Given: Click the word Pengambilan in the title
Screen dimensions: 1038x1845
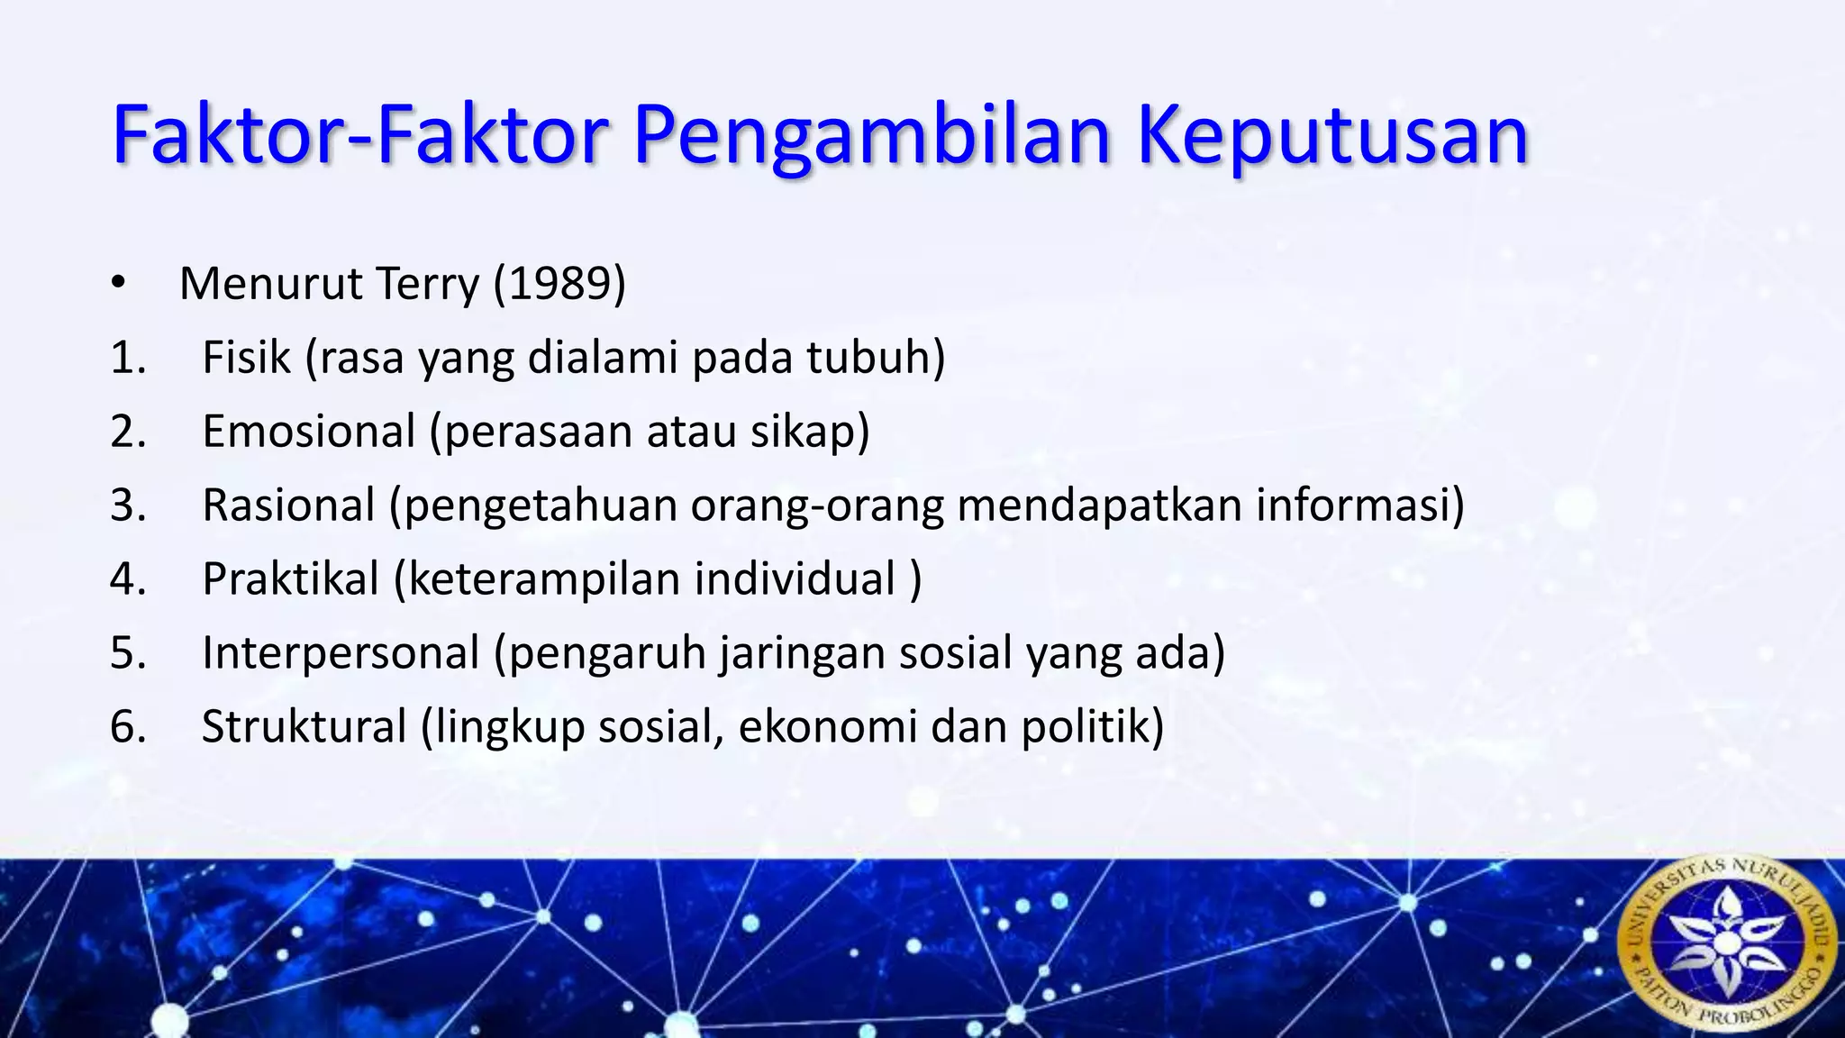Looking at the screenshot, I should [x=872, y=137].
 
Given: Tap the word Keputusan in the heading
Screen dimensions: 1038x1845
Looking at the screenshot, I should [x=1333, y=137].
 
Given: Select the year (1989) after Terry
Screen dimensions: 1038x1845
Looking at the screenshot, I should [x=559, y=284].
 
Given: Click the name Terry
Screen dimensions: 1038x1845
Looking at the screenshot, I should [x=428, y=284].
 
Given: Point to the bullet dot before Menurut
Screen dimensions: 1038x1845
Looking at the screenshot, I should [x=118, y=284].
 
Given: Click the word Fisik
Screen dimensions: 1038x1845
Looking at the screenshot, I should [x=246, y=358].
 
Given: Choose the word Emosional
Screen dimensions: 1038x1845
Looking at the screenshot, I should [x=308, y=432].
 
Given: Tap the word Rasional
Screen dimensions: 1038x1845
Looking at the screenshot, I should [x=288, y=505].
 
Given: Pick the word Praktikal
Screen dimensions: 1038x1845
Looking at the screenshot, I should [x=290, y=579].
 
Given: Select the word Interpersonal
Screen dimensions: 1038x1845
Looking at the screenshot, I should [x=341, y=653].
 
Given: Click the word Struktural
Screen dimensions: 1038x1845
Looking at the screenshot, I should [x=304, y=727].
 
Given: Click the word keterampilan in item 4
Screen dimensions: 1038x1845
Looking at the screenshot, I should [x=543, y=579].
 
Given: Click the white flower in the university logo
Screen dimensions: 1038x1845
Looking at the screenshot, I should [x=1725, y=942].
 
